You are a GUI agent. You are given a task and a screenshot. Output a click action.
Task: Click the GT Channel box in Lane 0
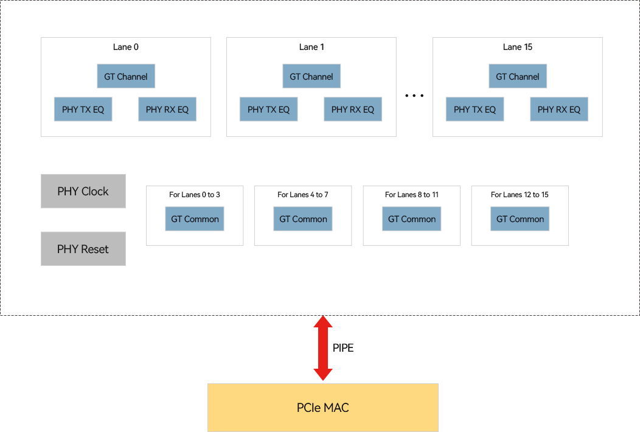coord(126,77)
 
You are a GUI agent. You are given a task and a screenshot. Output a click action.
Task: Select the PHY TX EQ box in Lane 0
coord(83,110)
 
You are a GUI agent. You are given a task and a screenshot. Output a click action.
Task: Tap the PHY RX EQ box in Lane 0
coord(167,110)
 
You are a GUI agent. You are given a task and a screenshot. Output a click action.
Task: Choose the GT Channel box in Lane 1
coord(311,77)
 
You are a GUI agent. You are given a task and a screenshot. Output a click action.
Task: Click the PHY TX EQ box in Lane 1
coord(268,110)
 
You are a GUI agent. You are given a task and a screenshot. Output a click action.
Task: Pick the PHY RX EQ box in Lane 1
coord(353,110)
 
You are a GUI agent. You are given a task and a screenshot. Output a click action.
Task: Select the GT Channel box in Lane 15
coord(518,77)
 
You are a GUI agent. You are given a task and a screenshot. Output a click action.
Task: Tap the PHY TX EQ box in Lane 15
coord(475,110)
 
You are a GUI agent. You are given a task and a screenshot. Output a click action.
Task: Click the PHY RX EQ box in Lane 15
coord(559,110)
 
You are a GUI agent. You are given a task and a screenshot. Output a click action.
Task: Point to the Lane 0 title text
coord(126,47)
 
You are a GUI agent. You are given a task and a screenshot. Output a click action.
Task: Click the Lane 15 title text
coord(518,47)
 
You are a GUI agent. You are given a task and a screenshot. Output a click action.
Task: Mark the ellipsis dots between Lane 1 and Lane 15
coord(414,96)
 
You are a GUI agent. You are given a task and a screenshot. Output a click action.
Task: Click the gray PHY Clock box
coord(83,191)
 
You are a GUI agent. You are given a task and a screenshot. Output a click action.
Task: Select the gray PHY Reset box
coord(83,249)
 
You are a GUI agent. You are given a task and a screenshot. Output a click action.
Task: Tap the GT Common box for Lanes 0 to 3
coord(195,219)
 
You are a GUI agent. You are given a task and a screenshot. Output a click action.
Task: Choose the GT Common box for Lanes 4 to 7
coord(303,219)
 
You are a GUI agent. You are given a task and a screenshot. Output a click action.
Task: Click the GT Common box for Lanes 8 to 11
coord(412,219)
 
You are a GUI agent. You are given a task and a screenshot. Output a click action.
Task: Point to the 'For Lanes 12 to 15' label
coord(520,195)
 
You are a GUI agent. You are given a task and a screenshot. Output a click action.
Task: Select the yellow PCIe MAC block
coord(323,408)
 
